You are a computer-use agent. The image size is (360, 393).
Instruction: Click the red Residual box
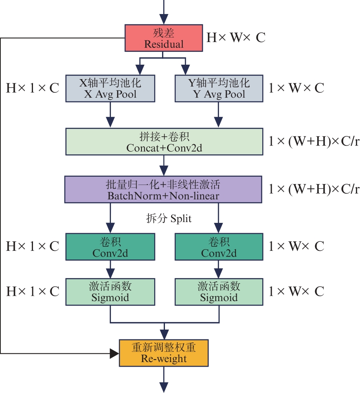163,38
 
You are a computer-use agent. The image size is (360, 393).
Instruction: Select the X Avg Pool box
110,88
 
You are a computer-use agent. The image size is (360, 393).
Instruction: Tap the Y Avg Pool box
219,88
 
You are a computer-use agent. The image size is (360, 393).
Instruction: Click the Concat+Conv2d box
164,141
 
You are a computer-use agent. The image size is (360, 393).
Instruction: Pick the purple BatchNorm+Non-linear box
163,189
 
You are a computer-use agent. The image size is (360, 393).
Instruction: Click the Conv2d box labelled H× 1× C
110,246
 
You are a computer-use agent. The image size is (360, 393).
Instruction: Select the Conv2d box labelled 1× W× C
219,246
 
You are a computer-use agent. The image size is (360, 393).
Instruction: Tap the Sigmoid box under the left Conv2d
110,291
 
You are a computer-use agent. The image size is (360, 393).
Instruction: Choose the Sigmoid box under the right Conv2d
219,291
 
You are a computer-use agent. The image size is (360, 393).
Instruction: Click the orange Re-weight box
164,353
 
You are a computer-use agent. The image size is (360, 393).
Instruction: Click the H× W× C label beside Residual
235,38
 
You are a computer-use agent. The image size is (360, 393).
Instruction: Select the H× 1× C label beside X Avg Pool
33,88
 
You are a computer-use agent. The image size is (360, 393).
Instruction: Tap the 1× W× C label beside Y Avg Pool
296,88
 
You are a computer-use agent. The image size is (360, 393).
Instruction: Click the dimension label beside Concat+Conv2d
313,141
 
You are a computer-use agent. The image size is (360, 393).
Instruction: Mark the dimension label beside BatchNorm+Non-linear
313,189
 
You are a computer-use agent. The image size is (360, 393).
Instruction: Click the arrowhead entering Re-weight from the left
114,353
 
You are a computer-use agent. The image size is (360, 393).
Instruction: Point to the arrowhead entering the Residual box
164,19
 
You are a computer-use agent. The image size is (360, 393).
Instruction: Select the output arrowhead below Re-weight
164,387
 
